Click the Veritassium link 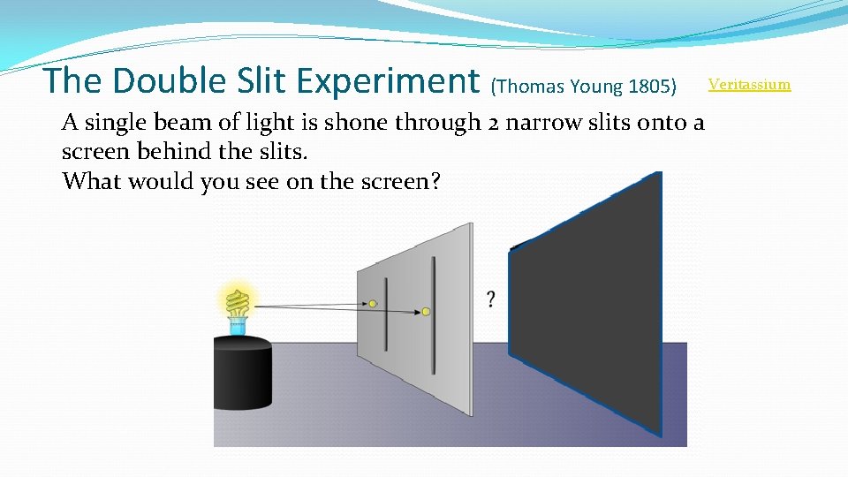pos(749,85)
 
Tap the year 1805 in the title pos(649,87)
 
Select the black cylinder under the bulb pos(242,375)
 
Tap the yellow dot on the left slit pos(373,304)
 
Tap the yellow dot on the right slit pos(426,312)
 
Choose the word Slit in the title pos(262,81)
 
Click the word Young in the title pos(596,87)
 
